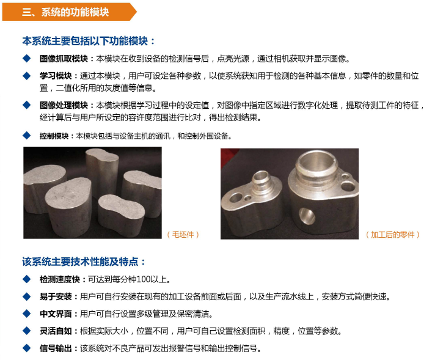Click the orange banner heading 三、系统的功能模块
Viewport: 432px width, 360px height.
coord(65,12)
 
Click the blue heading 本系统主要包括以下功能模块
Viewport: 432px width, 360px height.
coord(86,41)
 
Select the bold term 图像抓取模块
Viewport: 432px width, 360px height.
coord(64,59)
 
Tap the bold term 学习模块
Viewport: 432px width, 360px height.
coord(56,76)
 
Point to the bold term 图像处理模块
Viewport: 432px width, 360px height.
coord(64,105)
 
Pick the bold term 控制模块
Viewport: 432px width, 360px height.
coord(54,136)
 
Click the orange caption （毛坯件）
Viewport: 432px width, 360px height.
coord(183,235)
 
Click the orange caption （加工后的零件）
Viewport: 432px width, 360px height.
coord(393,235)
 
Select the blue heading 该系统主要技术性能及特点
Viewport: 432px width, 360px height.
coord(80,262)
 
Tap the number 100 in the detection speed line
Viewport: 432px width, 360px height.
coord(143,279)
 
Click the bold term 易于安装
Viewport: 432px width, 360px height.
coord(56,296)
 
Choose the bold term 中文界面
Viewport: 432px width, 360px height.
coord(56,314)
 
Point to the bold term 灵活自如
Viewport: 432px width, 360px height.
coord(56,331)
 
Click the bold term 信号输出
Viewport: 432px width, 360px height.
coord(56,348)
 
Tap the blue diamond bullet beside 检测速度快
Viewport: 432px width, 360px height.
coord(27,279)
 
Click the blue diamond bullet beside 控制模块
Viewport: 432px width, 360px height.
coord(27,136)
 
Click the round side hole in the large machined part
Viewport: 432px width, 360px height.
coord(307,216)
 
